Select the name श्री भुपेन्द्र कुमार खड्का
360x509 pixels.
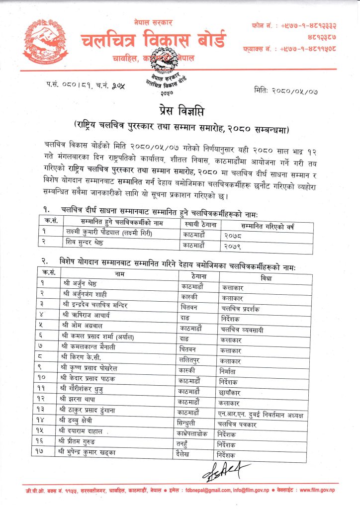92,455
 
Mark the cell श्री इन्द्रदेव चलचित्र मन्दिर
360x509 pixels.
97,307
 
